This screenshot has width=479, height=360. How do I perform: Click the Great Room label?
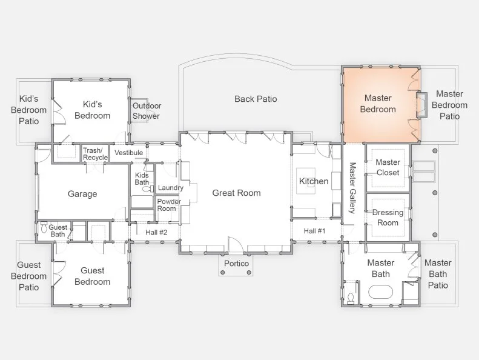(236, 193)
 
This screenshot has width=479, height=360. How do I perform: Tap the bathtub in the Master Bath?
(380, 292)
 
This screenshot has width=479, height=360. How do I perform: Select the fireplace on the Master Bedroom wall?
(421, 105)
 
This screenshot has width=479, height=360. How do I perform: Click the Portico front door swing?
(235, 244)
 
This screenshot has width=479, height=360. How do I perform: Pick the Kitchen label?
(314, 181)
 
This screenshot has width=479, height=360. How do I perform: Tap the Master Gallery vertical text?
(352, 188)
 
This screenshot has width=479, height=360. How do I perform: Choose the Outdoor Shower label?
(147, 111)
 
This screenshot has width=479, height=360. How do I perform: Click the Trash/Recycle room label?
(95, 154)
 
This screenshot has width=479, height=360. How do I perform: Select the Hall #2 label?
(156, 233)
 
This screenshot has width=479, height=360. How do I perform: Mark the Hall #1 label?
(315, 231)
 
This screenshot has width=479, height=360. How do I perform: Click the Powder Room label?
(169, 205)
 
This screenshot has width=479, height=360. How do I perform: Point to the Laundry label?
(170, 187)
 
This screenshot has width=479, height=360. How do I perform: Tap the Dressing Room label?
(388, 218)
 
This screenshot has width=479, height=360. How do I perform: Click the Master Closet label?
(388, 167)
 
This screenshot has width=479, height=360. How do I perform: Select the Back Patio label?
(256, 99)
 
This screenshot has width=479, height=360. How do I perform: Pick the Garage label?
(82, 193)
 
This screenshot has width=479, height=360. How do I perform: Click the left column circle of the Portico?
(223, 272)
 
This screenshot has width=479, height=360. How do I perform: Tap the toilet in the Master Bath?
(351, 298)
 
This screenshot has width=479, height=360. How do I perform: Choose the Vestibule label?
(128, 153)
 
